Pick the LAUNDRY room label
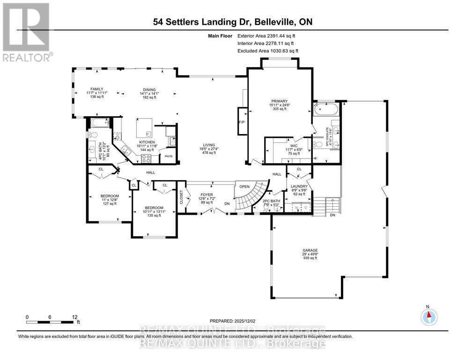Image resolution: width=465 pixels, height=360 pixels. (299, 186)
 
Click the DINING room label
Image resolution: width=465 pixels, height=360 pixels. (149, 90)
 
